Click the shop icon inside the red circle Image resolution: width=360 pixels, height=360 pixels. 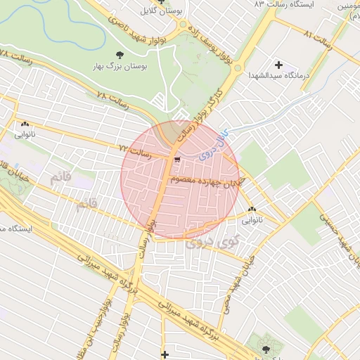(176, 160)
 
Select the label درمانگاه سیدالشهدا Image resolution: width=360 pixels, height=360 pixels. (278, 75)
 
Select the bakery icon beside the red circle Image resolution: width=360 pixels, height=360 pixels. (252, 209)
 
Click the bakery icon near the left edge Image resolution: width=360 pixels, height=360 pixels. (25, 124)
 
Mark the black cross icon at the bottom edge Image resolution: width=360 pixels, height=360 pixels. (165, 354)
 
